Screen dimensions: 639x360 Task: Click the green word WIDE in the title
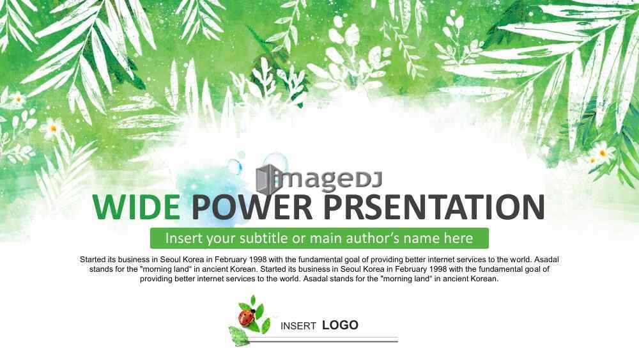coord(137,207)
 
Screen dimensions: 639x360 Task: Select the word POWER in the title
coord(252,207)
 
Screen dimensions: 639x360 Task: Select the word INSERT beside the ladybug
coord(298,325)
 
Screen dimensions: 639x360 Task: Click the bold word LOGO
coord(341,325)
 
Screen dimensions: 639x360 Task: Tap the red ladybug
coord(246,317)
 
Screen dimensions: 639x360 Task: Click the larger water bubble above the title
coord(275,162)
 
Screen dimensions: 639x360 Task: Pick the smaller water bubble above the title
coord(235,166)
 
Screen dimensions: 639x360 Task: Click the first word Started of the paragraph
coord(93,260)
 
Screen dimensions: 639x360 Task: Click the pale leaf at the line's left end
coord(239,336)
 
